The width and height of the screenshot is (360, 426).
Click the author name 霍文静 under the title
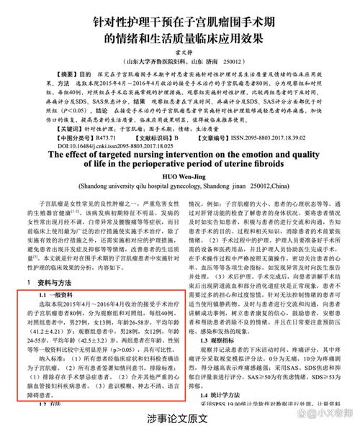click(x=179, y=51)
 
